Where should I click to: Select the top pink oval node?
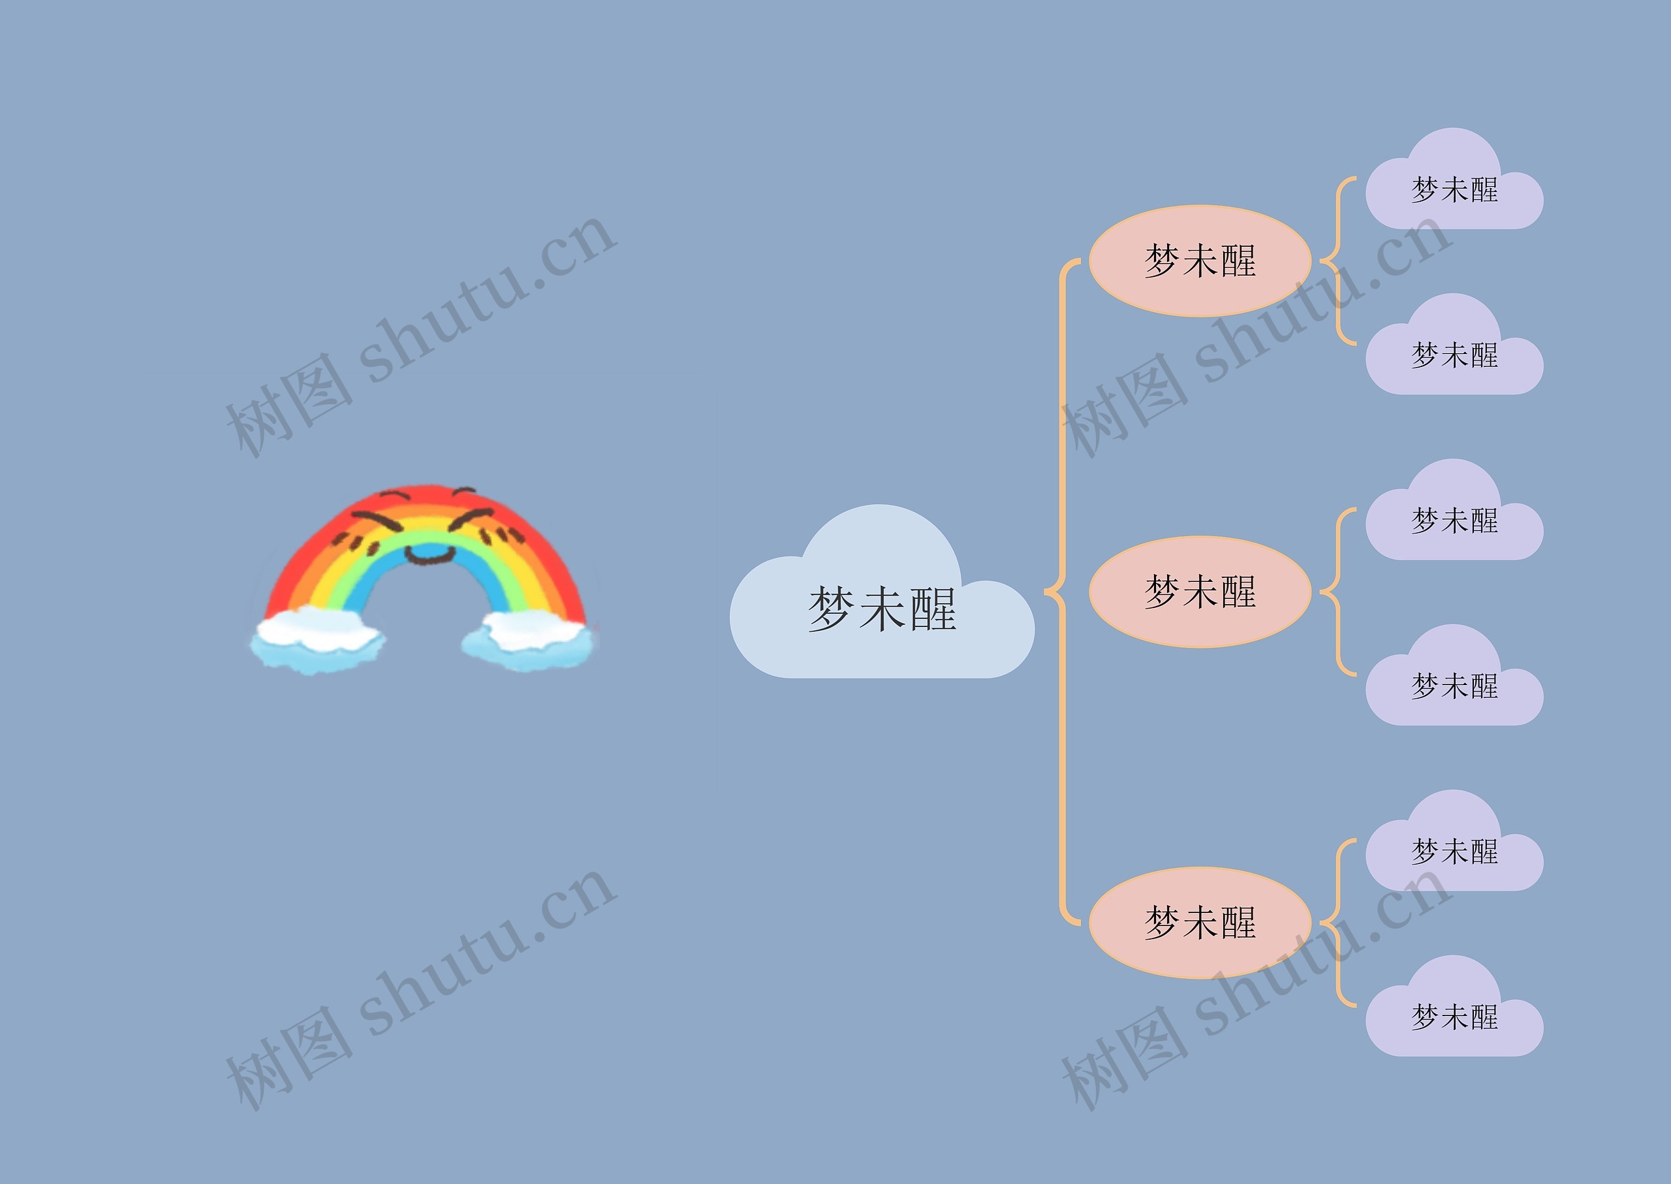coord(1200,261)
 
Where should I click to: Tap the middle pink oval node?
coord(1200,591)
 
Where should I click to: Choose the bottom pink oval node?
coord(1200,922)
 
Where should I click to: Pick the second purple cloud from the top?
coord(1454,356)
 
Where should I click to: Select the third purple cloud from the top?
coord(1454,521)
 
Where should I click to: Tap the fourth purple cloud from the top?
coord(1454,687)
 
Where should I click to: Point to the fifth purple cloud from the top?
coord(1454,852)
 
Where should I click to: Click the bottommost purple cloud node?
coord(1454,1017)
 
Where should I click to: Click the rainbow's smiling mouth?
coord(429,557)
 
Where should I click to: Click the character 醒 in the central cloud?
coord(933,609)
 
